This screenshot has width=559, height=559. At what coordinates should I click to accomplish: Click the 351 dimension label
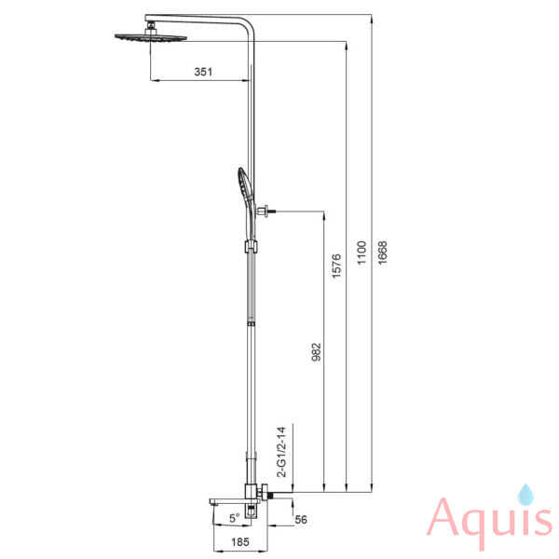point(203,72)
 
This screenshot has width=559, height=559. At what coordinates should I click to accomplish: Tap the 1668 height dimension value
point(383,252)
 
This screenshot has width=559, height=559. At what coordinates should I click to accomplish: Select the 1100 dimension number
point(361,252)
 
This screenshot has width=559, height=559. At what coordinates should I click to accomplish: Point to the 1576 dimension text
point(336,266)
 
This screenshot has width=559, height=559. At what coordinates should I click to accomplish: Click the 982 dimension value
point(316,352)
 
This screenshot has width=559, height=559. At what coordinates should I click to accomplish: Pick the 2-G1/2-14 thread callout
point(281,452)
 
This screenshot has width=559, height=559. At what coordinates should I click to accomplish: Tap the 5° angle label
point(235,518)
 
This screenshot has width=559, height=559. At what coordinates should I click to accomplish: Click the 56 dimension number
point(301,520)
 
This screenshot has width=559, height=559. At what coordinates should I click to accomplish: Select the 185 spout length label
point(240,542)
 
